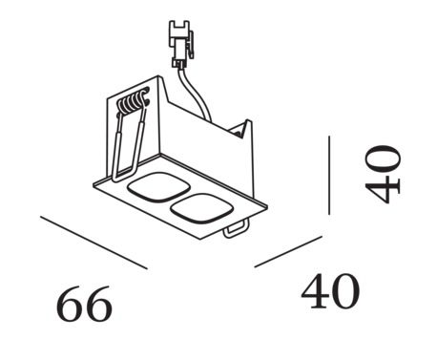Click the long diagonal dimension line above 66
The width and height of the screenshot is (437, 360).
(95, 243)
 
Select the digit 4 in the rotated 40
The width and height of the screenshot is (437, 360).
(384, 189)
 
